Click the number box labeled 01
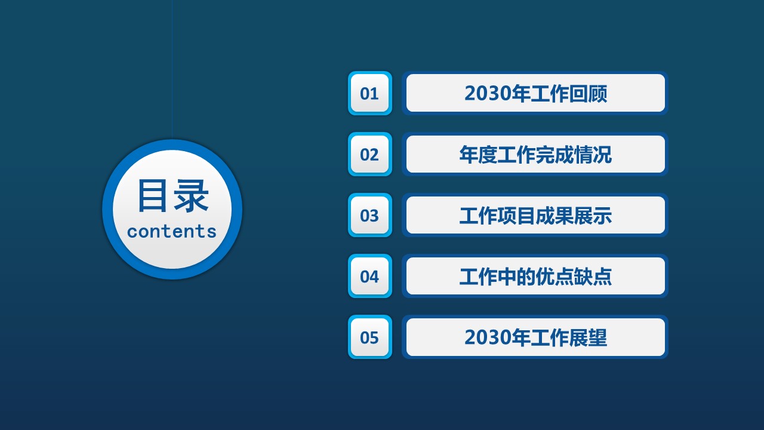369,93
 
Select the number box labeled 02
369,154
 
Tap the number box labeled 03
369,215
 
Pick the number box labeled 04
369,276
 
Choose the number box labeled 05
369,337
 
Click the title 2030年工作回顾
535,94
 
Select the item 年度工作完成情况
535,154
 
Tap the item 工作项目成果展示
535,216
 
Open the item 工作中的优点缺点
535,276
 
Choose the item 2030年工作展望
535,337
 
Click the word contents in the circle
172,231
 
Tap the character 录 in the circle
191,196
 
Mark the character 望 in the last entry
597,337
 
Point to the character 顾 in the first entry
597,94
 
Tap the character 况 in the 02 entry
602,154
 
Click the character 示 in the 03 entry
602,216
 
